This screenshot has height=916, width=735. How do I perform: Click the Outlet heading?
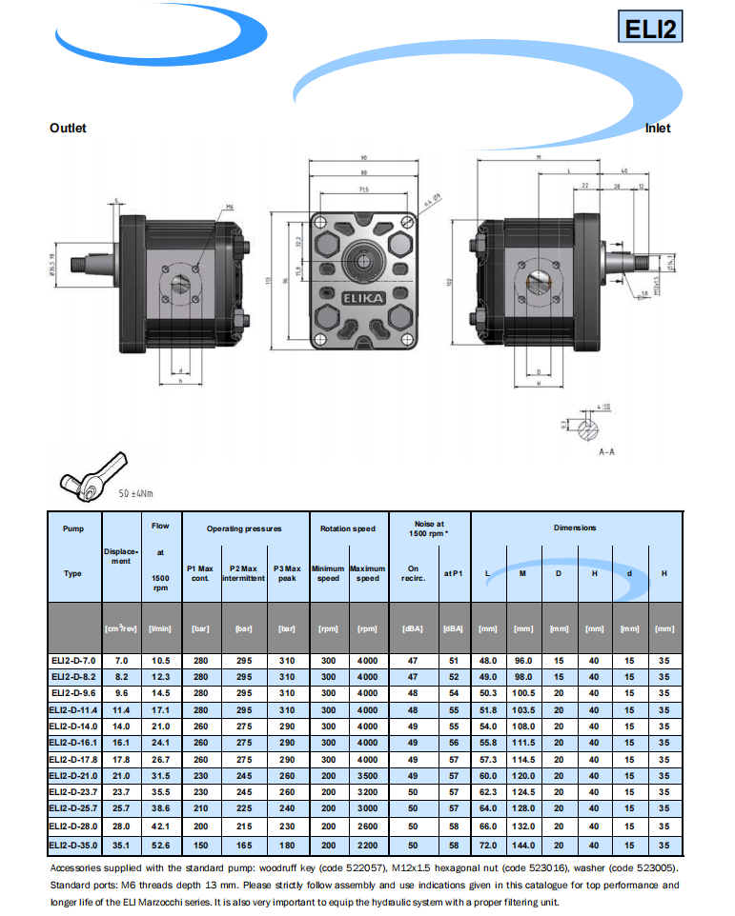pos(68,128)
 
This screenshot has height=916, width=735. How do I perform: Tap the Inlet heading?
pos(657,128)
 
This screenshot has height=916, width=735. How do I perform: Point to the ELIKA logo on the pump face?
pos(365,298)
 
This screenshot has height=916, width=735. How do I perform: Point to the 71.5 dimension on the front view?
pos(364,189)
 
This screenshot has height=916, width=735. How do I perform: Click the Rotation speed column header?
pos(348,528)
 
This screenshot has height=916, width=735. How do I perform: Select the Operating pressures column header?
pos(246,528)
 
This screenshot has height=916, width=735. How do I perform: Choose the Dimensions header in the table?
pos(575,528)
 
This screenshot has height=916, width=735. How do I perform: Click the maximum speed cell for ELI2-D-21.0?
pos(367,776)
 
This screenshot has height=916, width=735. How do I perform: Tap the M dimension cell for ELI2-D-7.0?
pos(522,660)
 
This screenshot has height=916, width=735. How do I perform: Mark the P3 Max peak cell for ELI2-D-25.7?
pos(286,810)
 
